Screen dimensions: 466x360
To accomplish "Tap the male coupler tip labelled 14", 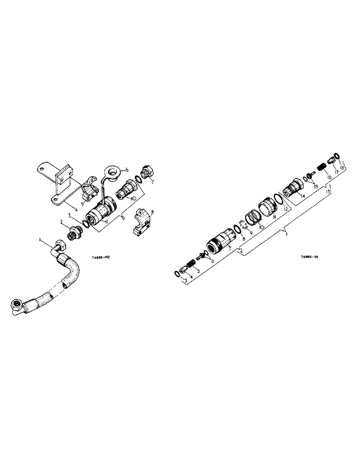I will coord(292,189).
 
